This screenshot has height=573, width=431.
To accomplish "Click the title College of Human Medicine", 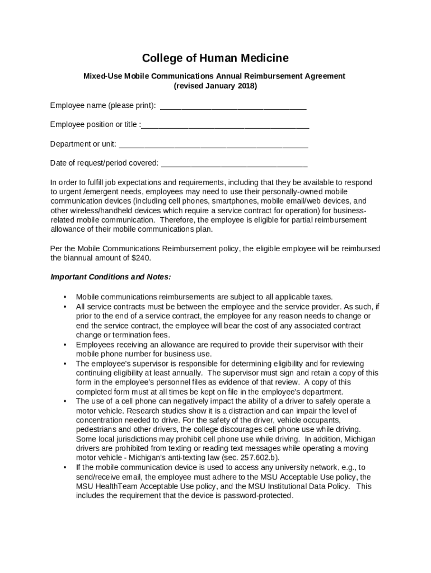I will [215, 58].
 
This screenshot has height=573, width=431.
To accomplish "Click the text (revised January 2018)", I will [215, 86].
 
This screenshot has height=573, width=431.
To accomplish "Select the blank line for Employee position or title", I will [225, 125].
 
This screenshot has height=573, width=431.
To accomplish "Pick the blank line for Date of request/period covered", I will [234, 163].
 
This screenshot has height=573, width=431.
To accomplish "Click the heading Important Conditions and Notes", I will [110, 277].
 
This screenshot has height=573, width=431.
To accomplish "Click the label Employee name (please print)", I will [103, 105].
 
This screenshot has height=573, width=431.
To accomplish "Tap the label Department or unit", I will [83, 144].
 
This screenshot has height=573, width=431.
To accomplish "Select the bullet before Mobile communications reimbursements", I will [65, 297].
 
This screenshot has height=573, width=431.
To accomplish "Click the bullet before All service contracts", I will [65, 307].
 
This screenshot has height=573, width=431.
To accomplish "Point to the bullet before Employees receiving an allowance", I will [65, 345].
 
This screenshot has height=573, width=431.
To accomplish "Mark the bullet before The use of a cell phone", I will [65, 401].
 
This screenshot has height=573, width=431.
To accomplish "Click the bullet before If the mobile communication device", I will [65, 467].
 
